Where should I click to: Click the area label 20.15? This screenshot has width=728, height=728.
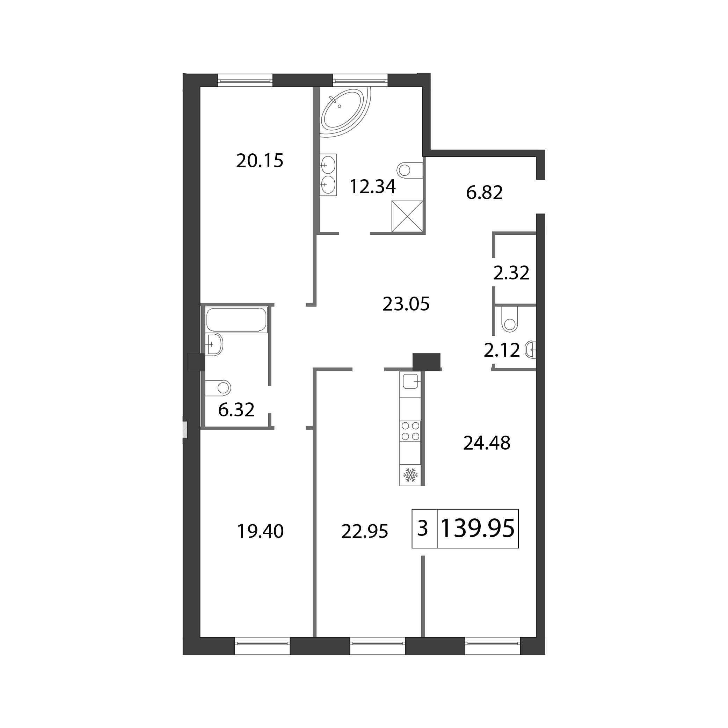[260, 161]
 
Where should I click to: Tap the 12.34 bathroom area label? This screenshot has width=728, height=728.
[373, 187]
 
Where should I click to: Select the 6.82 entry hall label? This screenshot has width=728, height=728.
[484, 192]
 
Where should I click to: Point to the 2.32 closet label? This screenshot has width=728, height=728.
[511, 273]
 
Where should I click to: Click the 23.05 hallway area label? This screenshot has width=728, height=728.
[406, 304]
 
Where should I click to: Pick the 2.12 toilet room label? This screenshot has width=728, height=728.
[502, 350]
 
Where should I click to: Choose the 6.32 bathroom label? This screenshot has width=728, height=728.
[236, 410]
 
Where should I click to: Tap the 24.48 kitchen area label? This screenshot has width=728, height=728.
[487, 443]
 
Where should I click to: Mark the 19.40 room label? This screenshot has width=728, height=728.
[260, 532]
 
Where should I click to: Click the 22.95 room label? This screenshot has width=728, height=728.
[364, 532]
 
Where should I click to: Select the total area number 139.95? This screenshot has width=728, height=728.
[478, 528]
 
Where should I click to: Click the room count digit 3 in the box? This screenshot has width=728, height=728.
[423, 528]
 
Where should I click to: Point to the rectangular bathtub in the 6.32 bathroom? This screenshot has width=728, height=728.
[236, 320]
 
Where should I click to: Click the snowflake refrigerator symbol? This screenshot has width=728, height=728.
[410, 475]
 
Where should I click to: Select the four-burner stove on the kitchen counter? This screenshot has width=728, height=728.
[410, 431]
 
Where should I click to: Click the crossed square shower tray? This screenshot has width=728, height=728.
[407, 216]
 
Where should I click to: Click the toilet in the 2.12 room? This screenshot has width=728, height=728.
[509, 319]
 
